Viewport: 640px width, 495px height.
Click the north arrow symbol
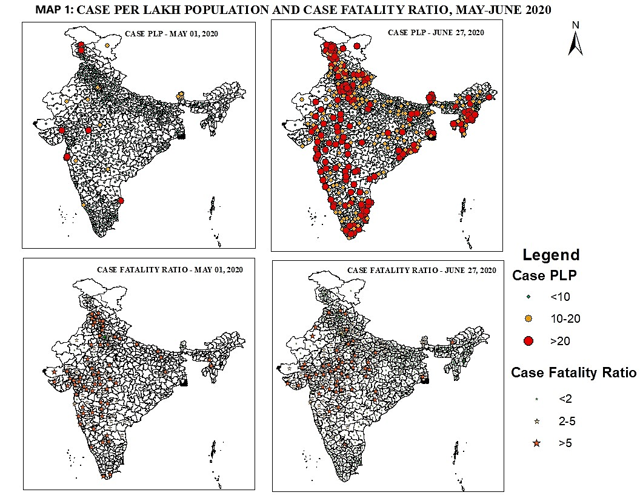coord(575,43)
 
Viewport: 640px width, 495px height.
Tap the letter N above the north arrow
coord(576,25)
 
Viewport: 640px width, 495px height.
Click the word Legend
coord(551,255)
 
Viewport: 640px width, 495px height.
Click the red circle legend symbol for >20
coord(528,342)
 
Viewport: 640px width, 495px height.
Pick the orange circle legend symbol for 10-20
coord(528,318)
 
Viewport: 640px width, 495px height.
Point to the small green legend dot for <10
coord(528,297)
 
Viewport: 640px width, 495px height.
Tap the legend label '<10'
coord(560,297)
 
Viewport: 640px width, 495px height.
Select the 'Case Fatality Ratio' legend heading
coord(573,372)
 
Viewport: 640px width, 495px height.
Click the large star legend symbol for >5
coord(536,443)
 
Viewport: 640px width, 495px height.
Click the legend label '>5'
coord(565,443)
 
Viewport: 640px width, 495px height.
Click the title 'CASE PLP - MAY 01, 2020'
coord(171,33)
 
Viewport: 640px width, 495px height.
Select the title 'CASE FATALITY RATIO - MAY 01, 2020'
coord(170,269)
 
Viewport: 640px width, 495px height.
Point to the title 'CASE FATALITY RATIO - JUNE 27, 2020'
coord(422,270)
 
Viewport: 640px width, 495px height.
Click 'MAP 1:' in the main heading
coord(55,10)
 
